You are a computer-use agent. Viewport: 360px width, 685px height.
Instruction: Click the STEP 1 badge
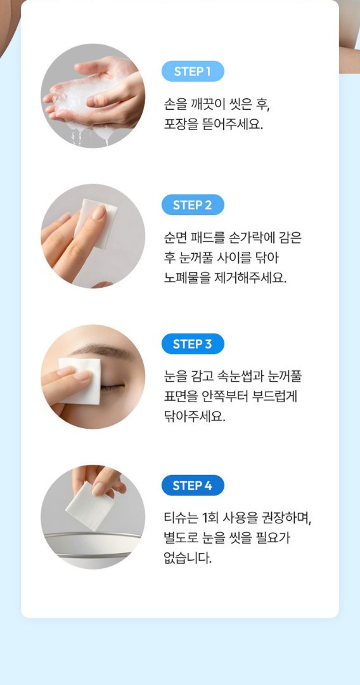coord(193,71)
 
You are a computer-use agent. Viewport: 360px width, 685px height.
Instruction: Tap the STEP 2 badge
coord(193,205)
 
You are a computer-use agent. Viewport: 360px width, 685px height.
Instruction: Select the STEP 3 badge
coord(193,344)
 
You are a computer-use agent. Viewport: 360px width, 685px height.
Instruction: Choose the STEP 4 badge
coord(193,485)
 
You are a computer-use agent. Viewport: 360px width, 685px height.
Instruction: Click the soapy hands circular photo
coord(93,96)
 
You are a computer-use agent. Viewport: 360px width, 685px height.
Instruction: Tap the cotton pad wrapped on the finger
coord(95,223)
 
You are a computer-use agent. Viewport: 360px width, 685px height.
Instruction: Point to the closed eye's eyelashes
coord(113,387)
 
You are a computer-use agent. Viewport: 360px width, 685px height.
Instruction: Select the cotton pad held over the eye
coord(79,381)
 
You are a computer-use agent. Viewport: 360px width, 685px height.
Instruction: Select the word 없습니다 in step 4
coord(188,559)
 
